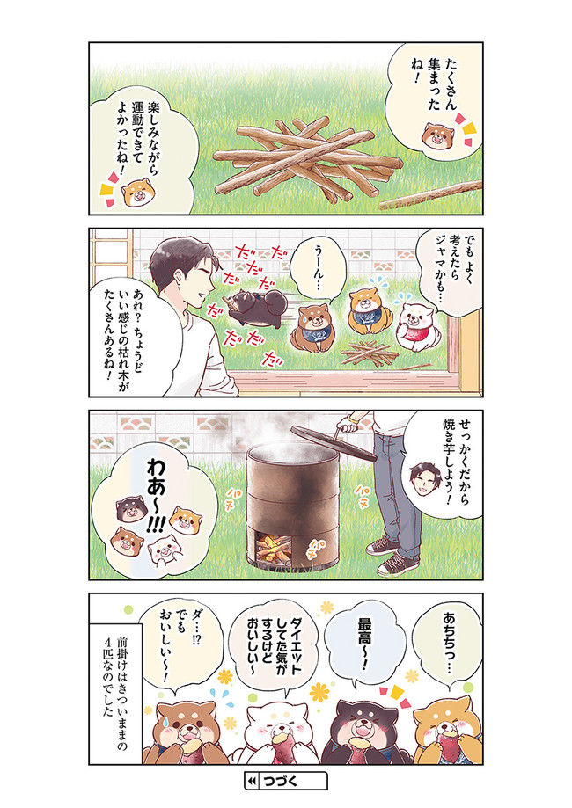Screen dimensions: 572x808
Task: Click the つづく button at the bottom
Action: click(286, 781)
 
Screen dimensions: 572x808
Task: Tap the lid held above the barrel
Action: click(334, 441)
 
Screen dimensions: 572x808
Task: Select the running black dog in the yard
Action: click(256, 308)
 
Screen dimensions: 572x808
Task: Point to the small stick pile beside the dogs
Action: click(370, 353)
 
